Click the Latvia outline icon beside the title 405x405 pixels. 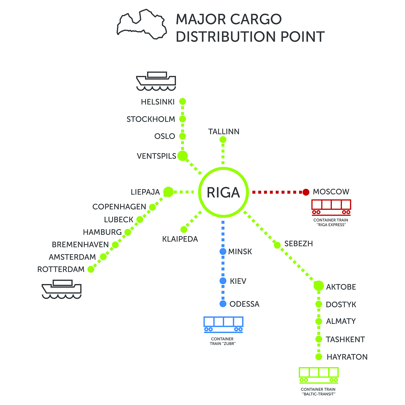point(142,25)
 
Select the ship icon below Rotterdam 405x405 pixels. point(62,289)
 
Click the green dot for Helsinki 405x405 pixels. point(183,102)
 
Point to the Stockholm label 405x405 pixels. point(151,119)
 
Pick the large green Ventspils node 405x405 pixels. point(183,156)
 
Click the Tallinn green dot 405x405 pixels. point(223,139)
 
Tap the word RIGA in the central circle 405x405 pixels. point(223,192)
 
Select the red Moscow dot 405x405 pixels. point(306,192)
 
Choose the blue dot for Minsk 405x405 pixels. point(223,252)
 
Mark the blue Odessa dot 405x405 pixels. point(223,304)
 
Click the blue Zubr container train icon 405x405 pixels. point(223,325)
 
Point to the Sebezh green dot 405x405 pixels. point(277,245)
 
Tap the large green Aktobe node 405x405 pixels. point(319,286)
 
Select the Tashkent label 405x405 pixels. point(345,339)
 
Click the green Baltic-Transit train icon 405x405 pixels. point(319,375)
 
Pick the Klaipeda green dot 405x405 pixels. point(184,230)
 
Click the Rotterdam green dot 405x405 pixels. point(91,269)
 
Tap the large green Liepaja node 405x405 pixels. point(169,192)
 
